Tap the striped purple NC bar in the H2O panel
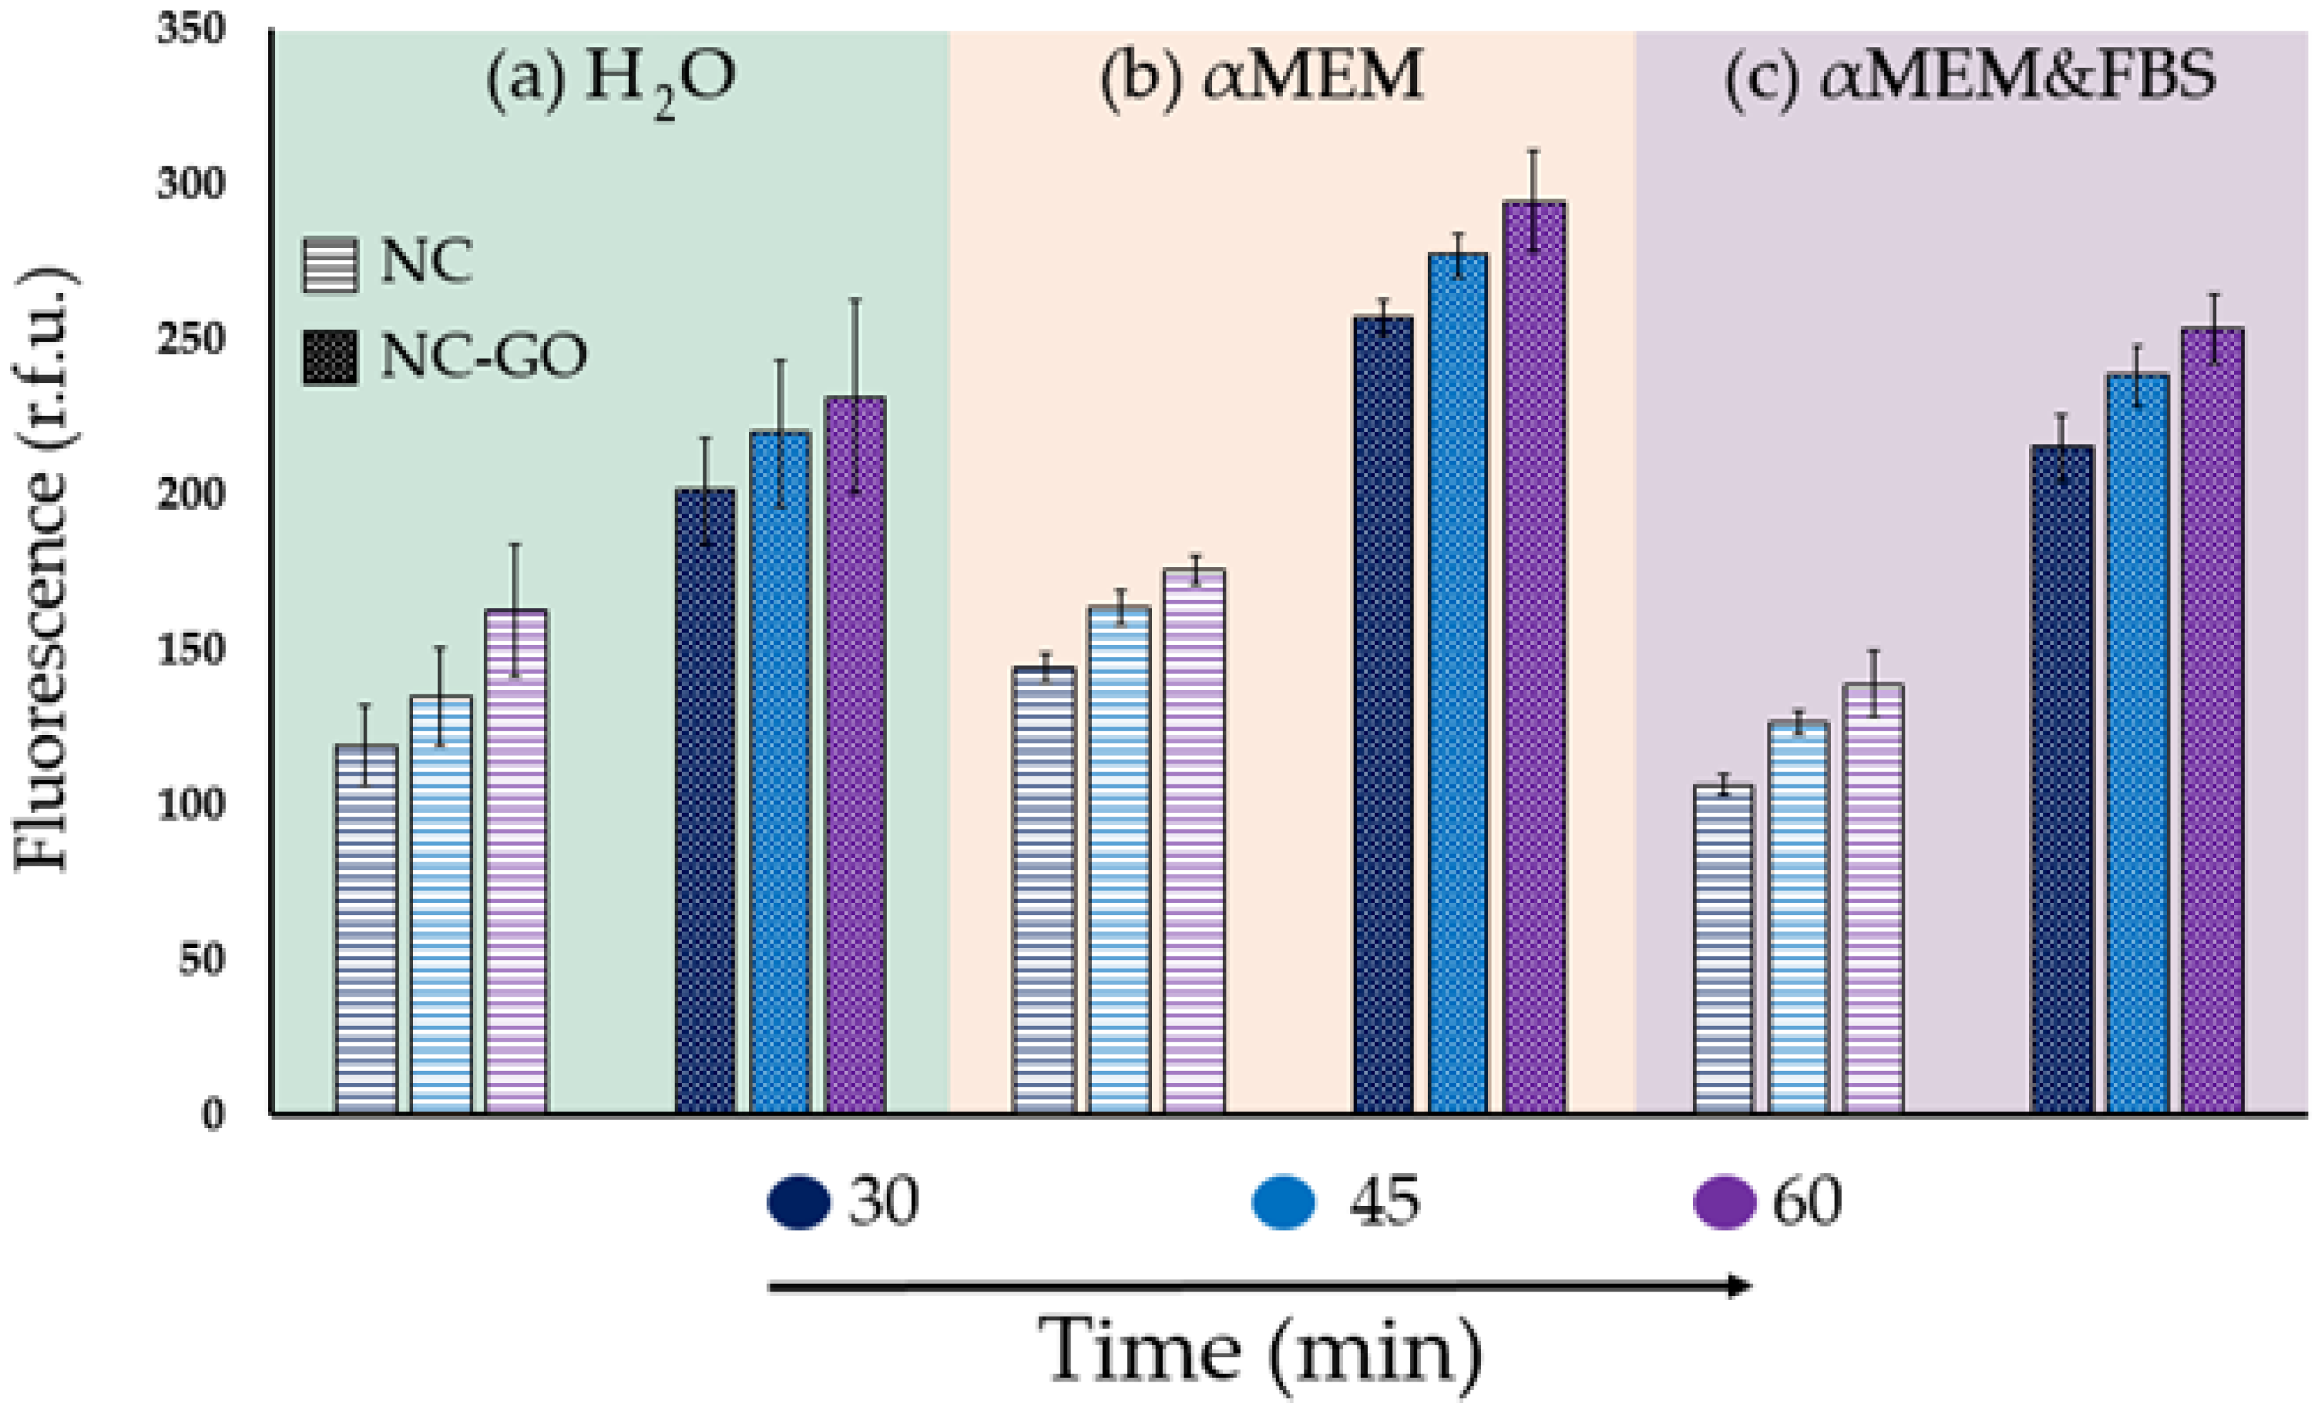(517, 862)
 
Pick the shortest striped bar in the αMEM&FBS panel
(1724, 949)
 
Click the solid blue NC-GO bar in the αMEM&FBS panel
(2138, 744)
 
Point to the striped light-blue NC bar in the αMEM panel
(1119, 859)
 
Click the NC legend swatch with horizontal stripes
(330, 266)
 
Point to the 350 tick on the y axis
(192, 30)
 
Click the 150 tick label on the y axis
(192, 649)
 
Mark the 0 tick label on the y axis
(214, 1114)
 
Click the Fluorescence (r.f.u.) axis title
(42, 570)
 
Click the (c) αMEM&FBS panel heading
(1970, 77)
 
